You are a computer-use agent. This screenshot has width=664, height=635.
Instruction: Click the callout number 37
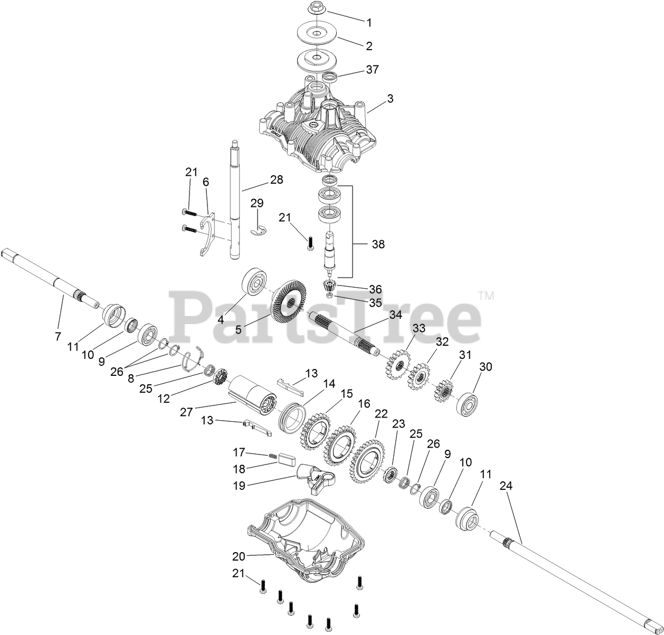click(372, 70)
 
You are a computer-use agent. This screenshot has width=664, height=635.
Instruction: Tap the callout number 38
click(378, 244)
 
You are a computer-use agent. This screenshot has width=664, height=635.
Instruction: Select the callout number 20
click(239, 556)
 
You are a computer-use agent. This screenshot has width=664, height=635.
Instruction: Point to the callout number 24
click(506, 486)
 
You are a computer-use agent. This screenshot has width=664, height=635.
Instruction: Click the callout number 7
click(58, 336)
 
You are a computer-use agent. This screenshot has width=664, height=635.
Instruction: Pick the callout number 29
click(257, 203)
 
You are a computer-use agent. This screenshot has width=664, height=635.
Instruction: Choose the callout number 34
click(395, 315)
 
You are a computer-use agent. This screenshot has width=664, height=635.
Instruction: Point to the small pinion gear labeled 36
click(329, 288)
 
